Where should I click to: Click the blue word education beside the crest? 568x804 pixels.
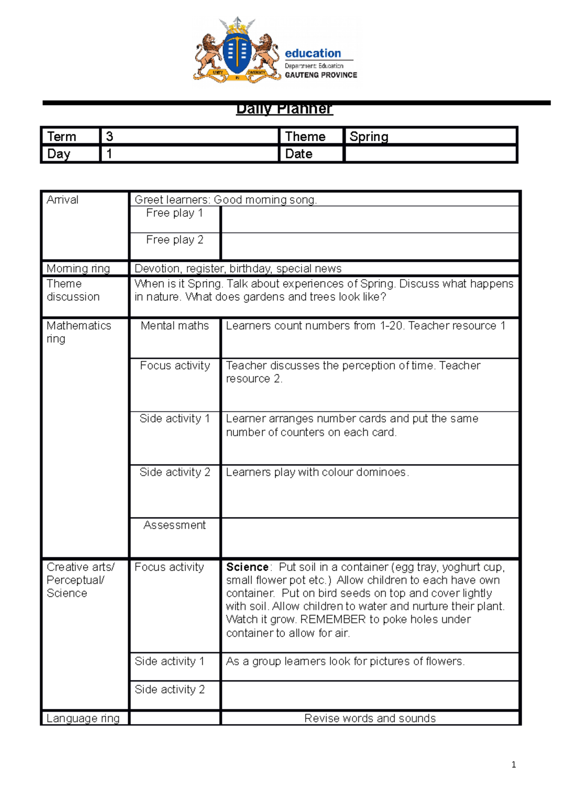pos(312,53)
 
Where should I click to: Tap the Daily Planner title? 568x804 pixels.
pos(284,109)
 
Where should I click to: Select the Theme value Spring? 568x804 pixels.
pos(369,136)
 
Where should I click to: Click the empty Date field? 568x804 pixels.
pos(430,154)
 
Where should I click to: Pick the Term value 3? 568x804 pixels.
pos(109,136)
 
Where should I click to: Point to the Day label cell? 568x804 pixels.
pos(59,154)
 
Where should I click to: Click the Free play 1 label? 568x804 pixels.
pos(174,213)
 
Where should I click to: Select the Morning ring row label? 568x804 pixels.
pos(78,268)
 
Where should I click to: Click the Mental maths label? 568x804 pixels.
pos(174,326)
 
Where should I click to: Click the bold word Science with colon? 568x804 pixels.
pos(248,567)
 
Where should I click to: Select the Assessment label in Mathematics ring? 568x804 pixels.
pos(174,525)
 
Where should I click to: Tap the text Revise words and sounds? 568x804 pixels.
pos(370,718)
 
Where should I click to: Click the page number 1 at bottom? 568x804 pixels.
pos(514,765)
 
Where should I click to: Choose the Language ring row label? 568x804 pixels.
pos(83,718)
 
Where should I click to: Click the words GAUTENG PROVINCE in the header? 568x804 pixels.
pos(321,75)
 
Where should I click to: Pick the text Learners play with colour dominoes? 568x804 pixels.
pos(317,473)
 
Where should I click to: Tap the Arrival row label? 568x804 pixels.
pos(62,200)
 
